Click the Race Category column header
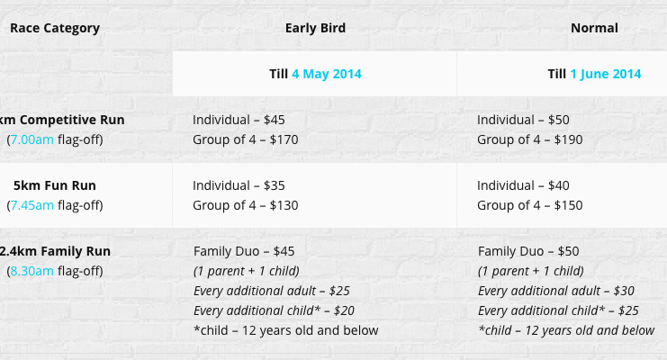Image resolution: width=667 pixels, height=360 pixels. click(x=55, y=28)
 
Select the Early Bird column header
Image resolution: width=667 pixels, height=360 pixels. click(x=315, y=28)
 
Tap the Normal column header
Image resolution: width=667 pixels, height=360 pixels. click(x=594, y=28)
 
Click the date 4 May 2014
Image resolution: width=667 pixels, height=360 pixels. click(x=327, y=74)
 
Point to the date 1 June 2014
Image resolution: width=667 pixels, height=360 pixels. click(x=605, y=74)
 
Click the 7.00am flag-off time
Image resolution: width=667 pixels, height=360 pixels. click(x=32, y=139)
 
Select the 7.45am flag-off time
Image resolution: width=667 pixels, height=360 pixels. click(x=32, y=205)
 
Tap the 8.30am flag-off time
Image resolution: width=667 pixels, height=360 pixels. click(x=32, y=271)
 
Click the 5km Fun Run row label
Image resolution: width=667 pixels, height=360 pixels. click(x=54, y=185)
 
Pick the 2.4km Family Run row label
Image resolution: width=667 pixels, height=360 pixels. click(x=55, y=251)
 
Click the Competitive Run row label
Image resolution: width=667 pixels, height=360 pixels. click(x=62, y=120)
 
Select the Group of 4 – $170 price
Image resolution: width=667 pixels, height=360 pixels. click(x=246, y=139)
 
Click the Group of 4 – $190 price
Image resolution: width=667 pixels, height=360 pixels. click(x=529, y=139)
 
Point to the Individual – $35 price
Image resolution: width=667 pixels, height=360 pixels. click(x=239, y=185)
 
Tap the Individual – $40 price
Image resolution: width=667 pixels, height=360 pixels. click(x=523, y=185)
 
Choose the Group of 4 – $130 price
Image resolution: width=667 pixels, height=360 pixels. click(x=246, y=205)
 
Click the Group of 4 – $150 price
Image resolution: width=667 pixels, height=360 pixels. click(x=529, y=205)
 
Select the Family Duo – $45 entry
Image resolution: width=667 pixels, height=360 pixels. click(x=244, y=251)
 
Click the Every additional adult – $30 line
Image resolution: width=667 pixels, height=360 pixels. click(x=556, y=291)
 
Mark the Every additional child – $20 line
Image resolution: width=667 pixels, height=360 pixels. click(x=274, y=310)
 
